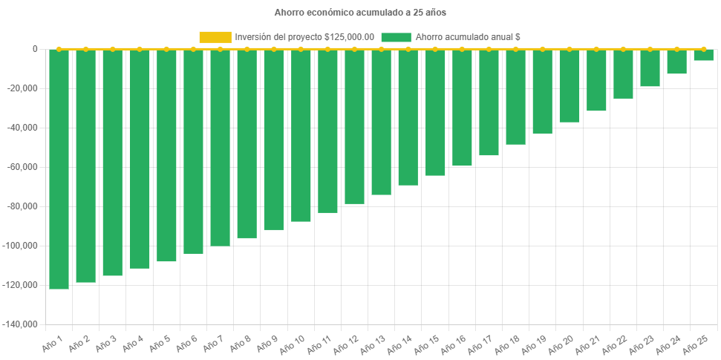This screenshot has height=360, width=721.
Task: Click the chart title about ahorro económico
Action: [360, 13]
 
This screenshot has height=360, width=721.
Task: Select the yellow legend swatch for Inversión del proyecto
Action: [215, 37]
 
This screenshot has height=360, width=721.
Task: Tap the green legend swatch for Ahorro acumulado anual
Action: [396, 37]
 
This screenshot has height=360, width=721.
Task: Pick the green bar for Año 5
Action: [166, 156]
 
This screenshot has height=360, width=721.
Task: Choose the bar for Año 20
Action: [570, 86]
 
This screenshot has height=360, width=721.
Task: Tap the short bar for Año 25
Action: [703, 55]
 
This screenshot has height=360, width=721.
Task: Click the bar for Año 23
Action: [650, 68]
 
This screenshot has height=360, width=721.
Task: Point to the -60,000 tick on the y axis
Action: [23, 167]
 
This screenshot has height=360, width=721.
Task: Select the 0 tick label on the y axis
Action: [35, 49]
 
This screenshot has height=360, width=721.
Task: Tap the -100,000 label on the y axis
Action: [21, 246]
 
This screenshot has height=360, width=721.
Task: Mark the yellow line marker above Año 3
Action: [113, 49]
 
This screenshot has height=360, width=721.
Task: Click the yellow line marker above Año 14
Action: [408, 49]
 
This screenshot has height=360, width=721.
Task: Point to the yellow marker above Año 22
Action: [623, 49]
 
